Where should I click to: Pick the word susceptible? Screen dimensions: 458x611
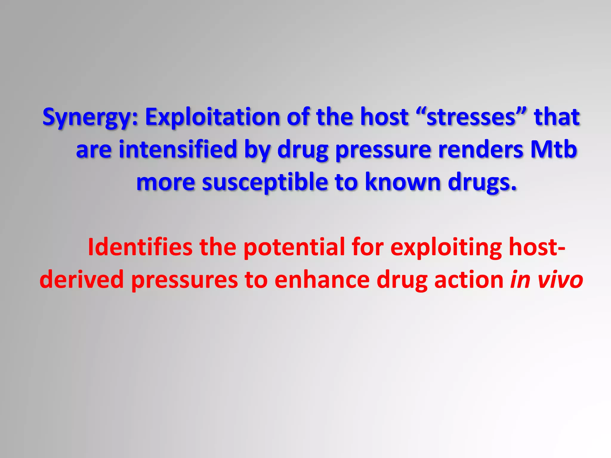[265, 182]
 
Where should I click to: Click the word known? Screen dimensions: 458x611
[403, 182]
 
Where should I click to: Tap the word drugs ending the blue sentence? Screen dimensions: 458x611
[482, 182]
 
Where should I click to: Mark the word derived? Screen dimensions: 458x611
[81, 280]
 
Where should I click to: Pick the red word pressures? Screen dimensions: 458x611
[185, 280]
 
